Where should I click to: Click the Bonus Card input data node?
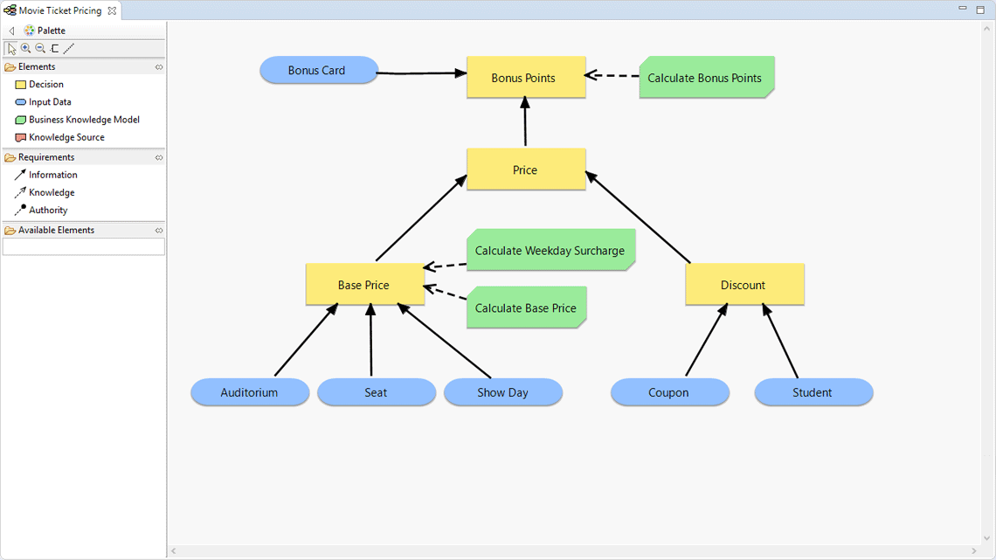(x=318, y=71)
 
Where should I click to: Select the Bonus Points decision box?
(x=525, y=78)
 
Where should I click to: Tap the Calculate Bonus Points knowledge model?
(x=705, y=78)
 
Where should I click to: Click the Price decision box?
(x=525, y=169)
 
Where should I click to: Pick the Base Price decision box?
(x=364, y=285)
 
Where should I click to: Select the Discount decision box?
(x=744, y=285)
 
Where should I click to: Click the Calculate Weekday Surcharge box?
(x=550, y=251)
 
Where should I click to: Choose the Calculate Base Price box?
(x=525, y=308)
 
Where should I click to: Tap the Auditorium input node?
(x=249, y=392)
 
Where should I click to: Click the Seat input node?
(x=376, y=392)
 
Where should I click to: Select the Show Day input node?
(x=502, y=392)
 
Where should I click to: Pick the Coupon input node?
(x=669, y=392)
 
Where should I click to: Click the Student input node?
(x=813, y=392)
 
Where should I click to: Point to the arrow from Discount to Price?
(x=638, y=218)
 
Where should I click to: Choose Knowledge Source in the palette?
(x=66, y=137)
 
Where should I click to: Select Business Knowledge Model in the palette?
(x=83, y=120)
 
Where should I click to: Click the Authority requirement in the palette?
(x=47, y=210)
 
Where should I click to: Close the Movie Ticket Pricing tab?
(x=112, y=10)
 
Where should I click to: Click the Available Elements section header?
(x=56, y=230)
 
